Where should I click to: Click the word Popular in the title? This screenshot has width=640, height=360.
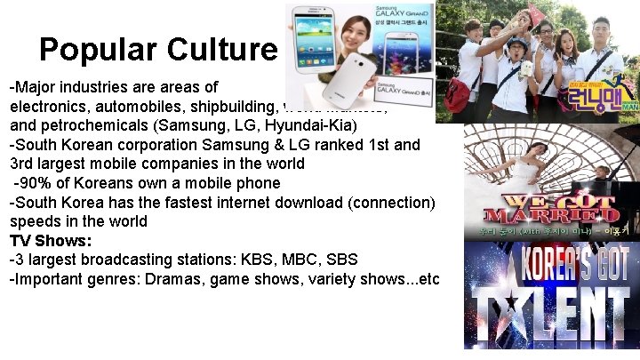tap(97, 49)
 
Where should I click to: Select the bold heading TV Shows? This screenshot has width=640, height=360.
tap(50, 240)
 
